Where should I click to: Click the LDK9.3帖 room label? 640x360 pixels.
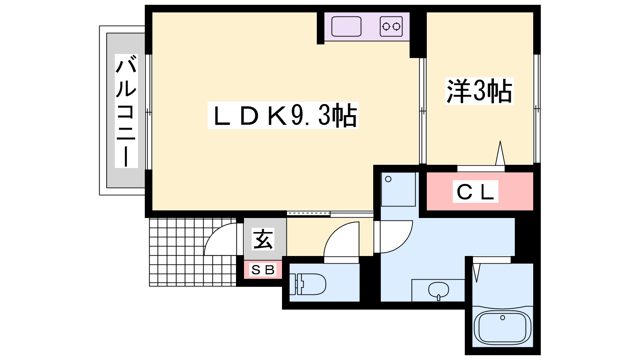[283, 116]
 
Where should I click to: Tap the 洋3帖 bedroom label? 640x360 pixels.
[480, 91]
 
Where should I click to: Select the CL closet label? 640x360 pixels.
[476, 192]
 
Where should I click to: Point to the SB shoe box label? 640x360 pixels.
[263, 270]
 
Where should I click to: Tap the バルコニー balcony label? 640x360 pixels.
[126, 111]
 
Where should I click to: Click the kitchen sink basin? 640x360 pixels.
[346, 26]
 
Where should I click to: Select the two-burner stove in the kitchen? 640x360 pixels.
[391, 26]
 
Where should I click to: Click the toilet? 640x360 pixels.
[308, 284]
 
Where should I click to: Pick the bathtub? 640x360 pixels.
[502, 327]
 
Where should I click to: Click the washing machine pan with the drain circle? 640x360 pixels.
[398, 189]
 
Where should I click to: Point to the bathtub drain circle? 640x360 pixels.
[502, 318]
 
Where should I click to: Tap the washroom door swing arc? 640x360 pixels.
[406, 243]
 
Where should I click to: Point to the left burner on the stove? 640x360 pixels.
[386, 26]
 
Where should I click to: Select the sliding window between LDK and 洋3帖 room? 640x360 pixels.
[423, 111]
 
